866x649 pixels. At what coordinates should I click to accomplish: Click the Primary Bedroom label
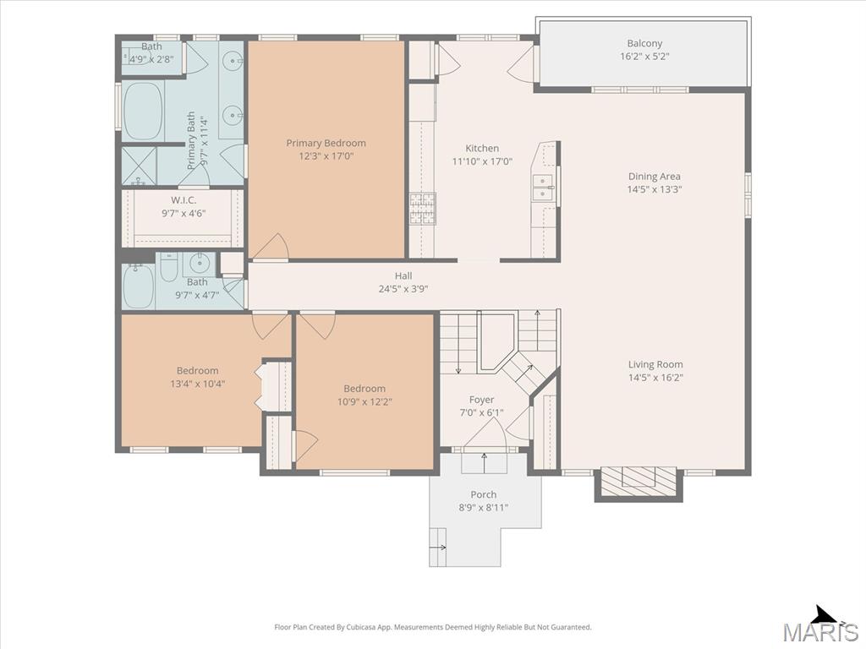pos(326,144)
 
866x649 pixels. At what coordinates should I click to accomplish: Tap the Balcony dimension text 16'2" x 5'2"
pos(644,57)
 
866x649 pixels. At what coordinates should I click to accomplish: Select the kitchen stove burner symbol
pos(423,209)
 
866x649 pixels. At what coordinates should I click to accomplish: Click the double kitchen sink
pos(543,188)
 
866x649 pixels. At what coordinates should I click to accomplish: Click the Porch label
pos(483,494)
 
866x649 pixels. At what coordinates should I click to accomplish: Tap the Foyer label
pos(481,400)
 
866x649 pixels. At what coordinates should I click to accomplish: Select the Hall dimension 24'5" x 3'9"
pos(403,289)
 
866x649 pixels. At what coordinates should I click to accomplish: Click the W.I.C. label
pos(184,200)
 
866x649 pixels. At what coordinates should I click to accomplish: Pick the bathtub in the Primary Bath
pos(142,111)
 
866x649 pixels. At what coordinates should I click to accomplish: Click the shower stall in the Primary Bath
pos(140,166)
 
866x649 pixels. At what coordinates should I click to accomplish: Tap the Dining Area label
pos(655,177)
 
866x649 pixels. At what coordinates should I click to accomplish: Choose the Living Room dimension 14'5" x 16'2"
pos(655,378)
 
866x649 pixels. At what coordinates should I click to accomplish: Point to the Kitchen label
pos(482,149)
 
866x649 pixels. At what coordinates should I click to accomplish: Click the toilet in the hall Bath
pos(168,267)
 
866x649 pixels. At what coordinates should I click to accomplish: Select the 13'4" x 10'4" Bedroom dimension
pos(198,384)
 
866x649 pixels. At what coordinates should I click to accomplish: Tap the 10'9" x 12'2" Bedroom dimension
pos(364,401)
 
